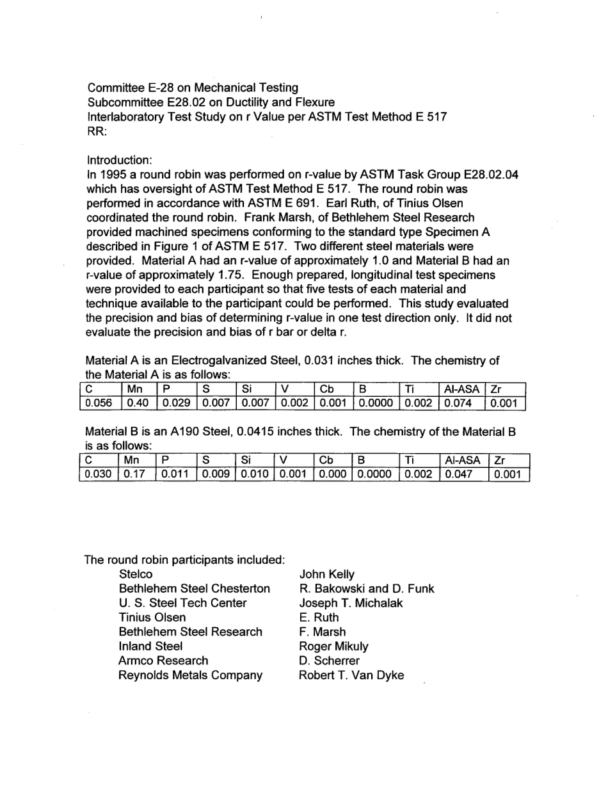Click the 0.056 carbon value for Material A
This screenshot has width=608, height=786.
(96, 404)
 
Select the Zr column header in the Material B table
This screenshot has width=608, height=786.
(498, 461)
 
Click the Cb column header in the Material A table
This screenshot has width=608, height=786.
(325, 390)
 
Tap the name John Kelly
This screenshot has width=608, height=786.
(326, 575)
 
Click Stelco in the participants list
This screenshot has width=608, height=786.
(136, 575)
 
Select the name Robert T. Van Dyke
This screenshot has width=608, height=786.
(351, 675)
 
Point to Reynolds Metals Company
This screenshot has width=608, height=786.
(190, 675)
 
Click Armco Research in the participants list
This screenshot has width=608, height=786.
(163, 661)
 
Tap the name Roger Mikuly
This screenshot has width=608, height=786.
(333, 646)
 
